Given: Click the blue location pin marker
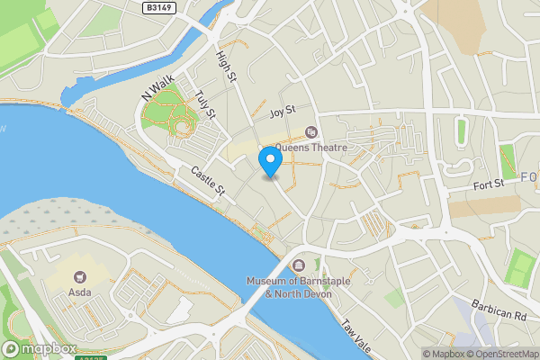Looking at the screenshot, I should pyautogui.click(x=271, y=161).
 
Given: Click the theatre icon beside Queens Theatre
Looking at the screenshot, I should pyautogui.click(x=312, y=132).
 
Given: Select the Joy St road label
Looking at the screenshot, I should pyautogui.click(x=282, y=113).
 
